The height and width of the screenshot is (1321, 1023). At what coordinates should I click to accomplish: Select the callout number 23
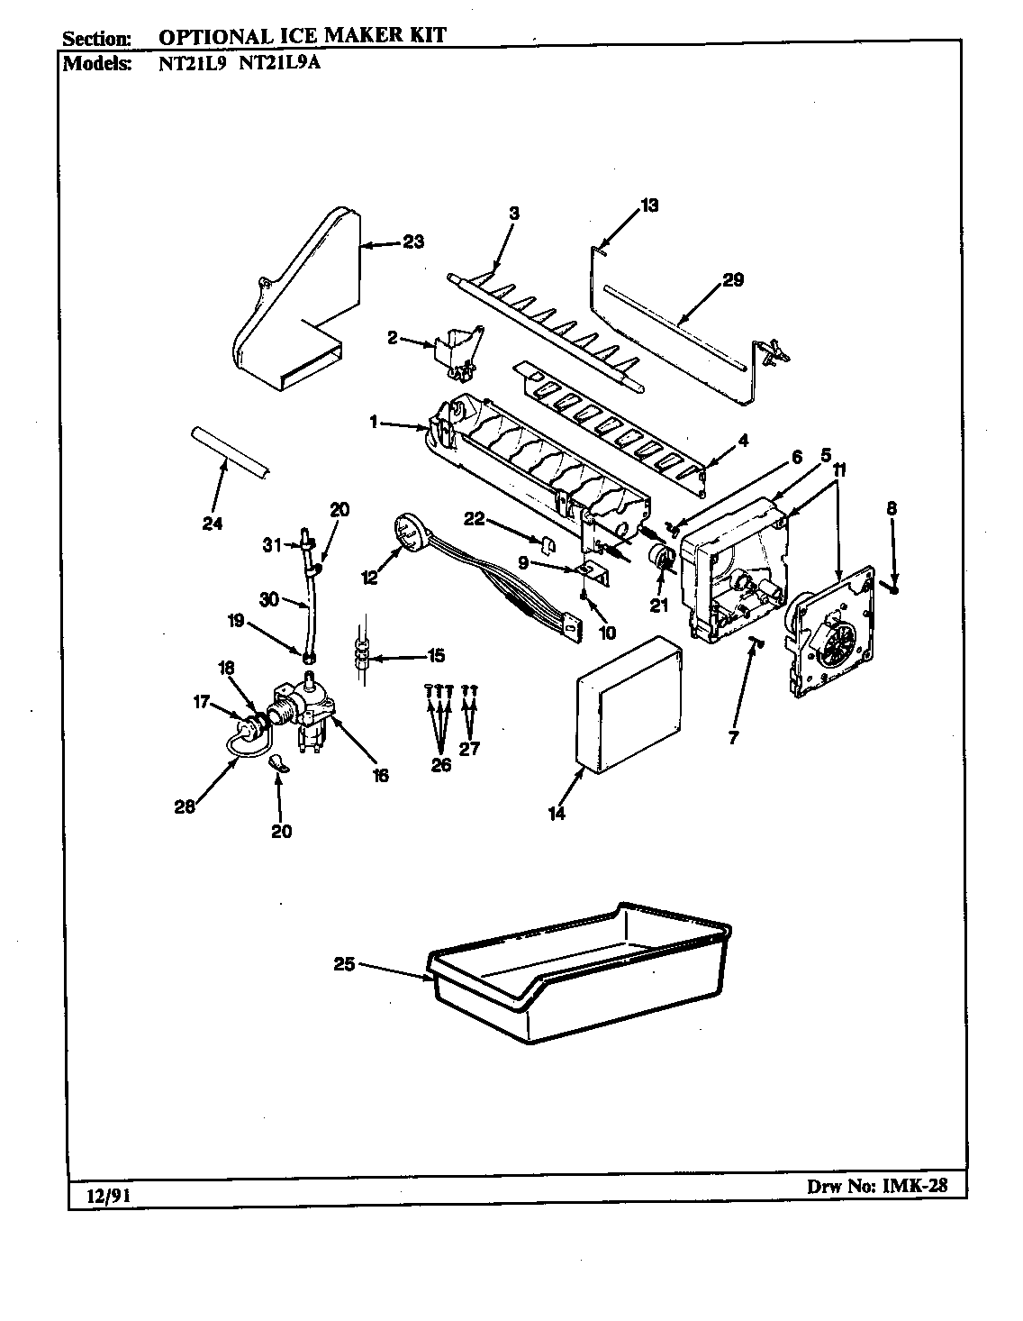413,241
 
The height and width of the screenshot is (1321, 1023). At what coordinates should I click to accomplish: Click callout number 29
733,280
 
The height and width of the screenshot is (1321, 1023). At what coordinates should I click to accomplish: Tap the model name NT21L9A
278,64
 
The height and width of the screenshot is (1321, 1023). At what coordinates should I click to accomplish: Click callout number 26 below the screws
440,767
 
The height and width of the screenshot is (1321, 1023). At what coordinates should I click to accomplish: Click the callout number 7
733,737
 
